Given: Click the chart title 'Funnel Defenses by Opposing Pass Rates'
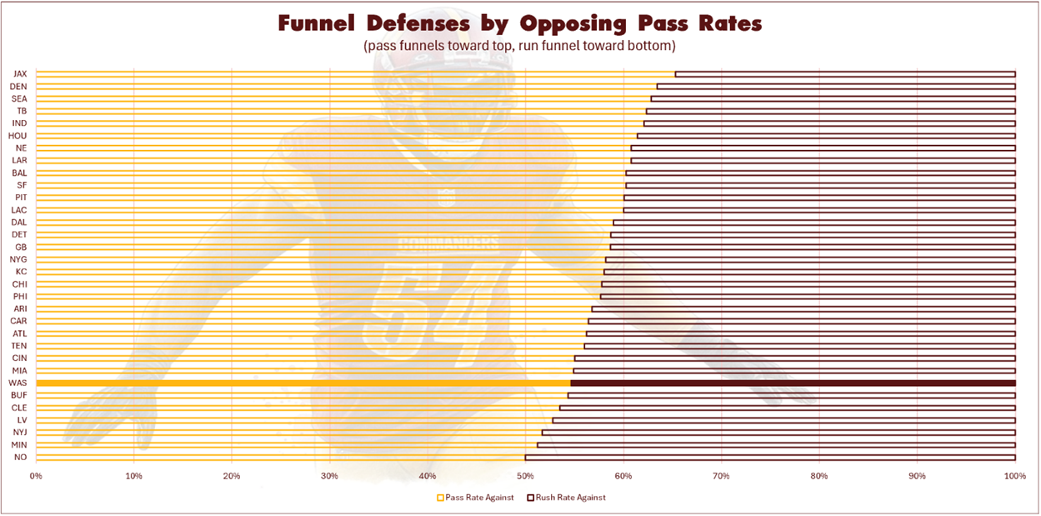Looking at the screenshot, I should click(519, 23).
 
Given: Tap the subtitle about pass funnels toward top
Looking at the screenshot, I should click(519, 46).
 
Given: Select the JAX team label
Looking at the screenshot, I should click(20, 74).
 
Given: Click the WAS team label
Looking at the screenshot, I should click(18, 383).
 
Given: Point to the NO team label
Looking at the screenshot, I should click(21, 457).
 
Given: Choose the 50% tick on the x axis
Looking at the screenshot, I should click(525, 476).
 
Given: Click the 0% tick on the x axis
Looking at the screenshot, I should click(36, 476).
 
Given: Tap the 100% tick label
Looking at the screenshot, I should click(1014, 476).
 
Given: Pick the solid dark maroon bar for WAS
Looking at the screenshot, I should click(793, 383).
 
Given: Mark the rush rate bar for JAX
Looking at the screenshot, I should click(845, 74).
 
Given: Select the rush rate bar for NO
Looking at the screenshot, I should click(770, 457).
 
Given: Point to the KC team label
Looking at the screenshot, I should click(20, 272).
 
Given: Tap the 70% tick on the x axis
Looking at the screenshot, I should click(721, 476).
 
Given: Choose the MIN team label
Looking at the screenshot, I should click(19, 444).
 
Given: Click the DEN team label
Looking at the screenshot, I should click(19, 87).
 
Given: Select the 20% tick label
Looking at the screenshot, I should click(232, 476).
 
